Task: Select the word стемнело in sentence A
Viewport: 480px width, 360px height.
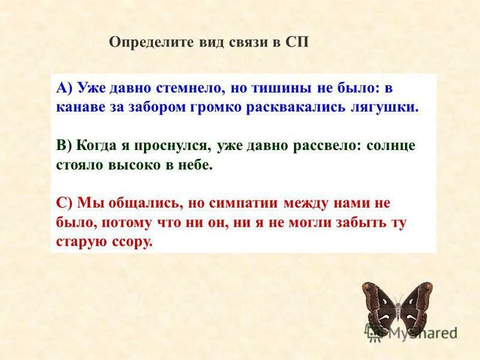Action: click(x=191, y=88)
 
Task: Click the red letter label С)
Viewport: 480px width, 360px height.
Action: click(x=64, y=203)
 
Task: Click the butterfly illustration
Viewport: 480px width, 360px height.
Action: click(x=397, y=306)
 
